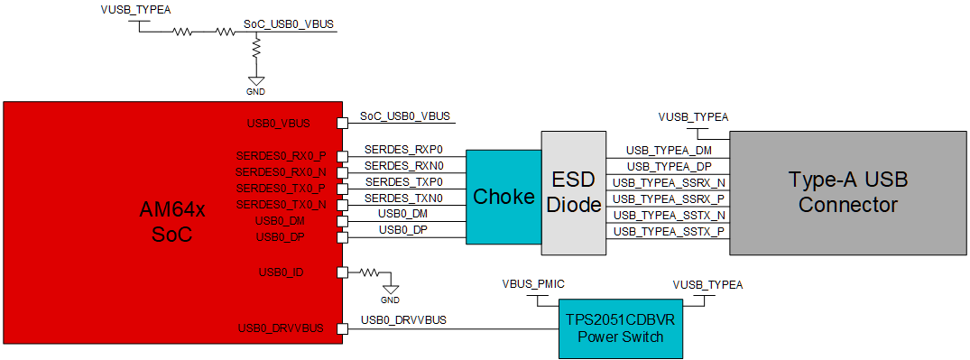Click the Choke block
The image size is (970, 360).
pos(503,197)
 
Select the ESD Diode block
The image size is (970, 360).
pos(574,193)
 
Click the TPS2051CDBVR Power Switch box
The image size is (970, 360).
pos(620,328)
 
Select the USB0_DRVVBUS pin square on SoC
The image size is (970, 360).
pos(342,329)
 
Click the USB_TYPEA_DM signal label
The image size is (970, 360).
pos(669,150)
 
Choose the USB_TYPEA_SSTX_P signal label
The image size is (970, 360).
pos(669,232)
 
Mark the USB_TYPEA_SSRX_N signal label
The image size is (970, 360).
pos(669,182)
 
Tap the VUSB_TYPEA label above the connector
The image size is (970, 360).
pos(693,116)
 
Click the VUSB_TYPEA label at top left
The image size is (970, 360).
pos(135,10)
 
